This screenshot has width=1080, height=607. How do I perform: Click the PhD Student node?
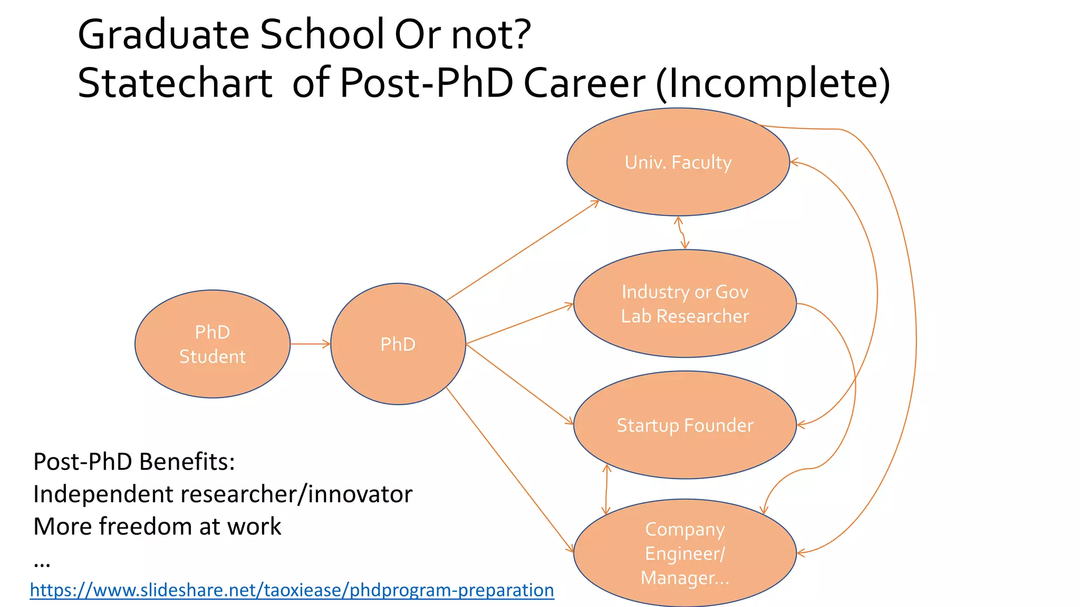click(213, 344)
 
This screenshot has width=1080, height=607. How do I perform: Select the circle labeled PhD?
click(398, 344)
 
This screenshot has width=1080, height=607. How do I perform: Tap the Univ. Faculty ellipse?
click(678, 162)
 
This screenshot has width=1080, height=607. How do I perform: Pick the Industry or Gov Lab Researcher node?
click(684, 303)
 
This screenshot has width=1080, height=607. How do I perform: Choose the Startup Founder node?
click(684, 425)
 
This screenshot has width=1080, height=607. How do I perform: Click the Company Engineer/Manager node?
click(684, 553)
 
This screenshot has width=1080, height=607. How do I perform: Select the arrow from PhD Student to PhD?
click(310, 344)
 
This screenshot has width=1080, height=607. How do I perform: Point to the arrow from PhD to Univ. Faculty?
click(522, 251)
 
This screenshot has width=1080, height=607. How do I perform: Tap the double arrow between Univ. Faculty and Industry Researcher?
click(681, 233)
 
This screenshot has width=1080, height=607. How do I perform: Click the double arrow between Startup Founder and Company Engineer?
click(606, 489)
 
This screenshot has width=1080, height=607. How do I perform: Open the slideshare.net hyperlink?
click(292, 590)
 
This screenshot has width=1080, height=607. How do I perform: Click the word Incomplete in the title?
click(773, 83)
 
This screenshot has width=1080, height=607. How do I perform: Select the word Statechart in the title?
click(175, 83)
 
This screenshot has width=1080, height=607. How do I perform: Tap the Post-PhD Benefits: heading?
click(134, 462)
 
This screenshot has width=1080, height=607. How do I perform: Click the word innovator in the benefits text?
click(360, 494)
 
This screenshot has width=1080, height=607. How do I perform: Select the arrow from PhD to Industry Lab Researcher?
click(519, 324)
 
